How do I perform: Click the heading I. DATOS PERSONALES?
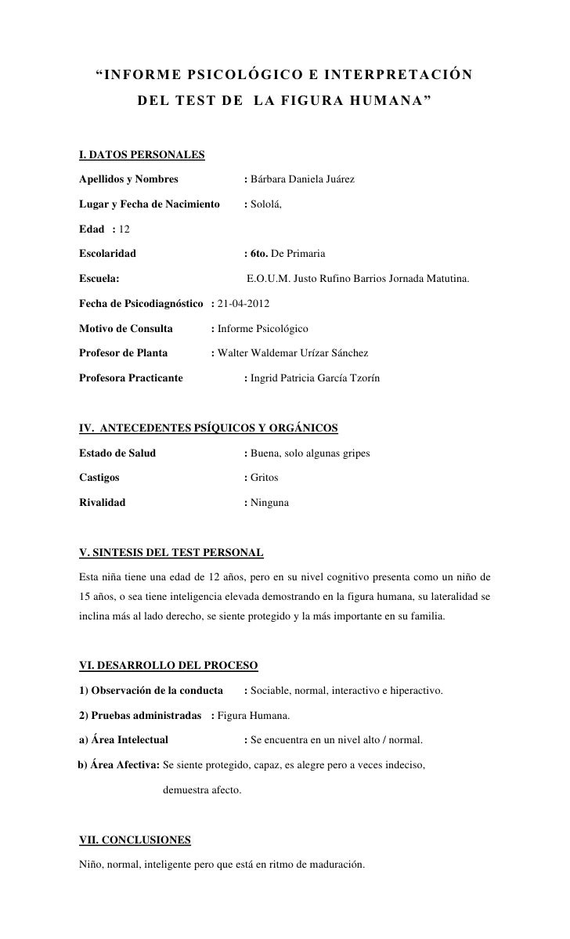click(x=142, y=153)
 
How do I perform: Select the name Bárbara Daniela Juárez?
click(x=302, y=180)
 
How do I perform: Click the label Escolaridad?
click(x=107, y=255)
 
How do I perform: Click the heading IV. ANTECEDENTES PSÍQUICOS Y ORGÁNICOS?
click(x=209, y=428)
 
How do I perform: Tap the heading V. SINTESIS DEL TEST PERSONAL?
click(x=171, y=553)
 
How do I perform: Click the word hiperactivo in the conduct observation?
click(x=415, y=692)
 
